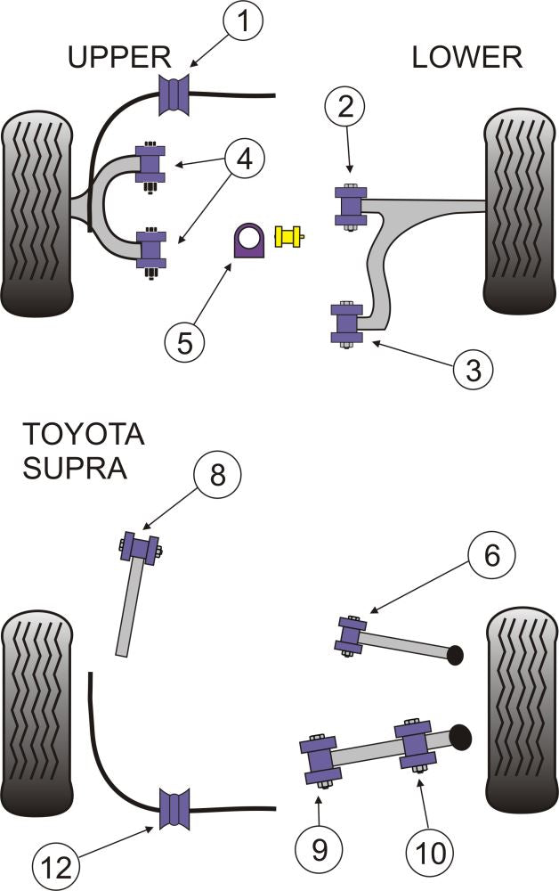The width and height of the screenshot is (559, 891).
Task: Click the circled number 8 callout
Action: [215, 477]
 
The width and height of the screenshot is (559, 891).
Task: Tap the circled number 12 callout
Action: [53, 862]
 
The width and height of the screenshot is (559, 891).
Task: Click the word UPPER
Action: [119, 58]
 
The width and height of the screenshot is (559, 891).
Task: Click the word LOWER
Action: [466, 58]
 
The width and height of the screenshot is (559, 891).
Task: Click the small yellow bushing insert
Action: [289, 236]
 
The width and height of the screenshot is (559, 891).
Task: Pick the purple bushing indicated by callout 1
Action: [175, 95]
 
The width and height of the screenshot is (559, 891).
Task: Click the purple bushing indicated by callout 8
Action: [140, 546]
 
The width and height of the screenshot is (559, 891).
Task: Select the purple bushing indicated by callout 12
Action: [175, 810]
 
